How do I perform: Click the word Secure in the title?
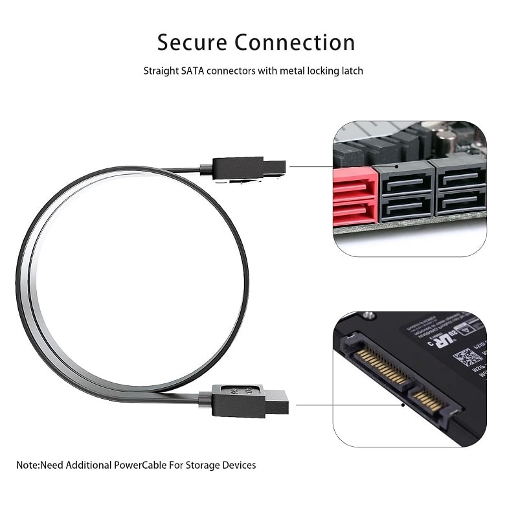[192, 42]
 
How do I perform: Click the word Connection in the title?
[295, 42]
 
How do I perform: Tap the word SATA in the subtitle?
[189, 71]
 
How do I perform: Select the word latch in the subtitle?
[352, 71]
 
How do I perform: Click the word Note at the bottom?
[27, 465]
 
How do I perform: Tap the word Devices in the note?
[238, 465]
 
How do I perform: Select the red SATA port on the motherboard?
[355, 196]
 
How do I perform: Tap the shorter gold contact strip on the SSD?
[428, 401]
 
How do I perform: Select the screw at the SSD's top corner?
[369, 316]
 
